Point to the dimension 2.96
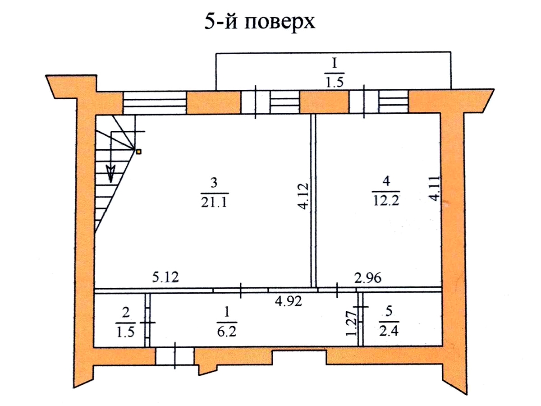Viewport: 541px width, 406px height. coord(368,277)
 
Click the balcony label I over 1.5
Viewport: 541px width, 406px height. coord(334,64)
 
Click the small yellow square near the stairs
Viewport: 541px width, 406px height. coord(138,152)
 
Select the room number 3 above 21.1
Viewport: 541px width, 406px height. coord(214,183)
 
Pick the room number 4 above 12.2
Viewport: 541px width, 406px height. coord(385,180)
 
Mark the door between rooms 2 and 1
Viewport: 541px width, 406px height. coord(148,322)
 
